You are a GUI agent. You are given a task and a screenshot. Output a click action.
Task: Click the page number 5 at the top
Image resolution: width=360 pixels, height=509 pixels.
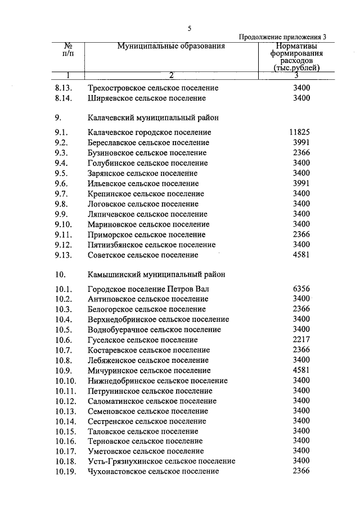[x=190, y=28]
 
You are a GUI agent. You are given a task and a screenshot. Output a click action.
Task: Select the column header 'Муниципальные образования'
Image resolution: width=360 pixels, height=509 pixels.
[x=171, y=47]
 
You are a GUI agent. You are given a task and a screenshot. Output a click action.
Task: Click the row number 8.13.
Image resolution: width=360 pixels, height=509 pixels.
[x=64, y=88]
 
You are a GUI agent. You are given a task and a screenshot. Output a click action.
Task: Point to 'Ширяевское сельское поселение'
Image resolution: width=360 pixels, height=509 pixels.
[x=147, y=98]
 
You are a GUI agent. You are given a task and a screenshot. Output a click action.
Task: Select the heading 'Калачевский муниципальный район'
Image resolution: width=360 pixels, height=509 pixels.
[x=154, y=118]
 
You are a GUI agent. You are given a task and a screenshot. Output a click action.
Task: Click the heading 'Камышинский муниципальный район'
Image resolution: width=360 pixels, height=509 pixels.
[x=157, y=275]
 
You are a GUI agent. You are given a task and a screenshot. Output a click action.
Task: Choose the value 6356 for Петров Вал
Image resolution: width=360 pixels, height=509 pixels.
[x=301, y=289]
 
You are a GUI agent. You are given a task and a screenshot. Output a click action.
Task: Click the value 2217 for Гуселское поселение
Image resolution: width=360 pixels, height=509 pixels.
[x=301, y=340]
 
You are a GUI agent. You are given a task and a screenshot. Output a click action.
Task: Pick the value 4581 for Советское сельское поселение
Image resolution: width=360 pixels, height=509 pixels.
[x=301, y=255]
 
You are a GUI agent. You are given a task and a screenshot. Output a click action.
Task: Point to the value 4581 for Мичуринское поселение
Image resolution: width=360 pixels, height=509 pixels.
[x=301, y=370]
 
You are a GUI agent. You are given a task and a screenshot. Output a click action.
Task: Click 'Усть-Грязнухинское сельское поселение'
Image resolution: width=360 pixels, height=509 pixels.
[x=161, y=461]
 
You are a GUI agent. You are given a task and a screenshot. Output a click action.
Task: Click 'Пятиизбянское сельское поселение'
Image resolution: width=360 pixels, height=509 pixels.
[x=152, y=245]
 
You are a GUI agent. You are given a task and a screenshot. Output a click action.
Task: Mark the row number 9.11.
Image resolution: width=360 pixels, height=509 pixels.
[x=64, y=235]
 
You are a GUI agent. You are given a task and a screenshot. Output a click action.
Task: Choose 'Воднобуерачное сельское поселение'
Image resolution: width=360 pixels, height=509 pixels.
[x=154, y=330]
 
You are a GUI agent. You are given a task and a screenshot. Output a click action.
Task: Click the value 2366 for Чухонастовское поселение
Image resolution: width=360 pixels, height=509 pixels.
[x=301, y=471]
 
